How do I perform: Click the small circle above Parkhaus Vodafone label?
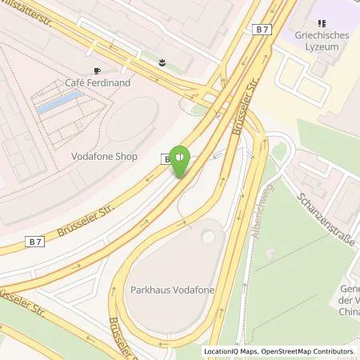click(x=208, y=236)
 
